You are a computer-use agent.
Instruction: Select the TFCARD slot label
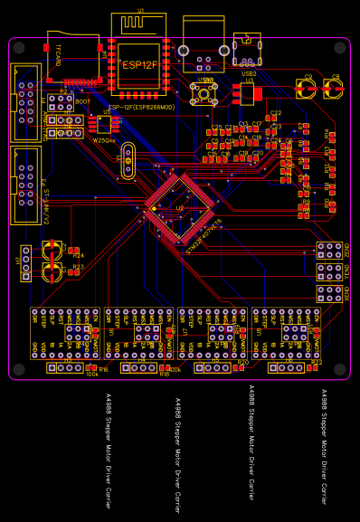click(x=58, y=55)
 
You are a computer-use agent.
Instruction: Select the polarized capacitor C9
click(x=308, y=89)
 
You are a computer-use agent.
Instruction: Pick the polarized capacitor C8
click(x=334, y=89)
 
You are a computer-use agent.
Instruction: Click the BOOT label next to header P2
click(x=82, y=102)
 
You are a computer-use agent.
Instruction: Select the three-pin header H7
click(x=26, y=263)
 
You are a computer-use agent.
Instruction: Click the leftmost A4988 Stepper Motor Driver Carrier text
click(x=108, y=451)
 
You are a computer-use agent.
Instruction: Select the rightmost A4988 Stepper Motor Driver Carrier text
click(x=325, y=445)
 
